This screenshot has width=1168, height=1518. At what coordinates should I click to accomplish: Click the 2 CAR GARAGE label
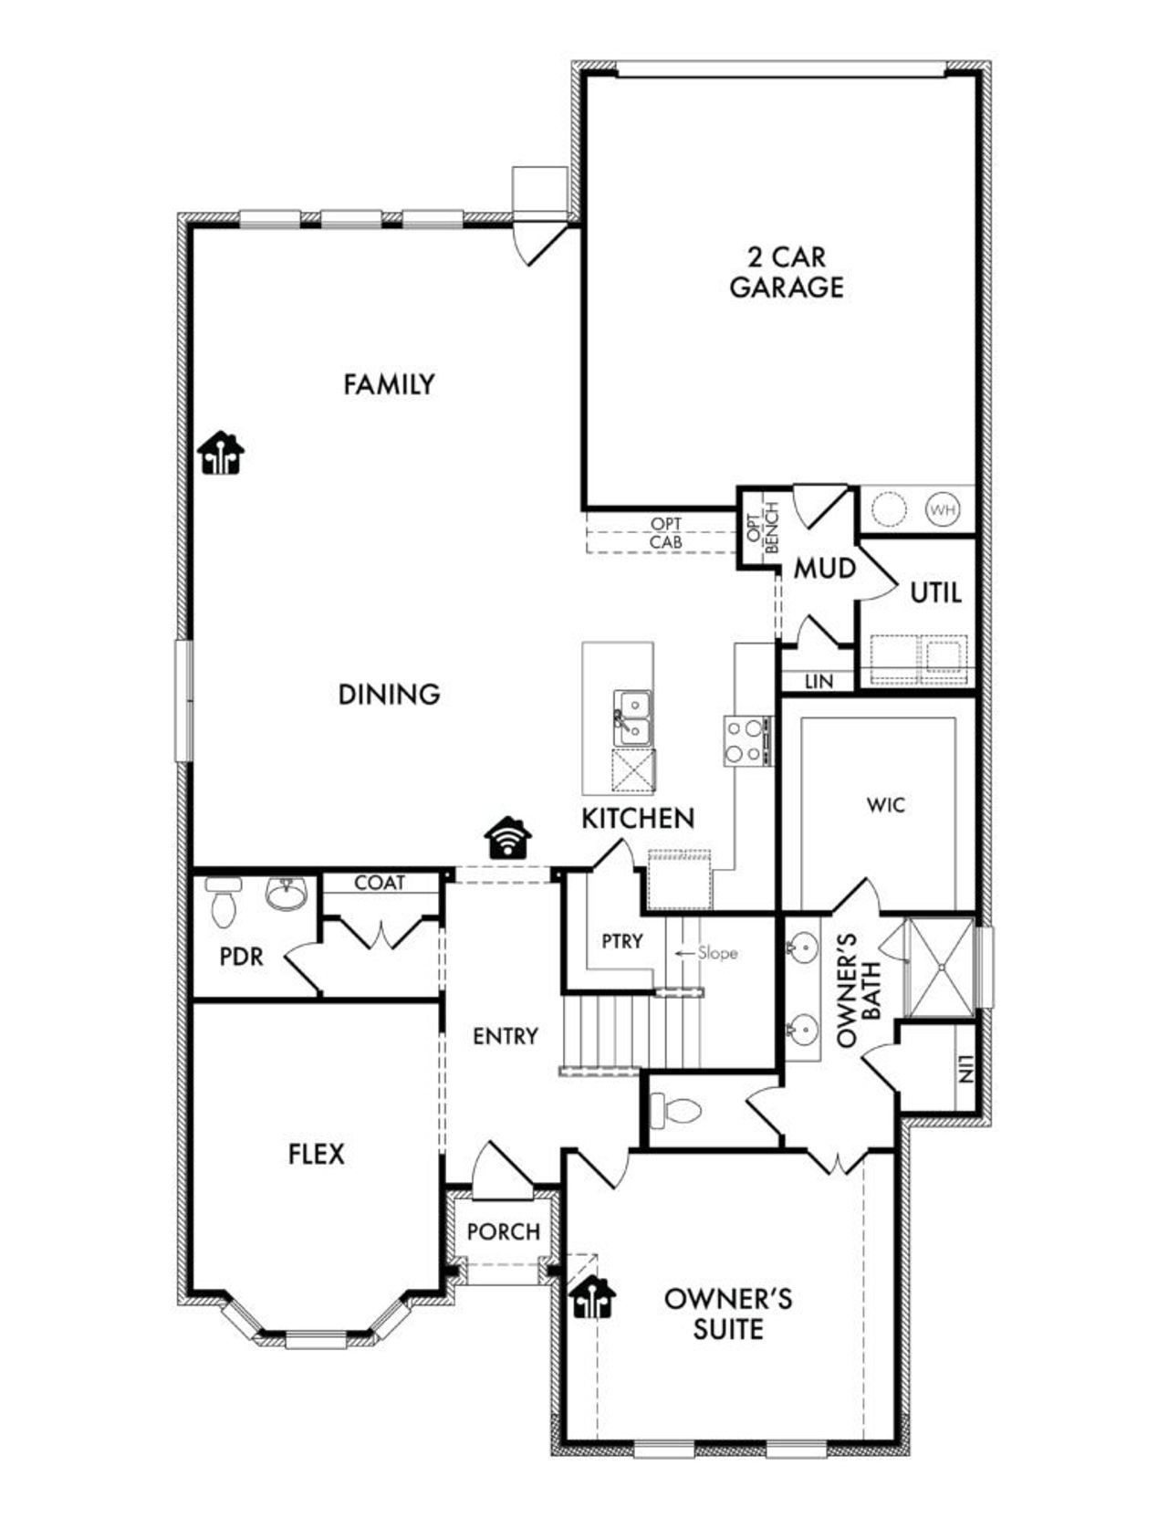point(786,272)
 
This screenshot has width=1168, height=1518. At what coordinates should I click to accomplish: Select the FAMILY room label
point(389,384)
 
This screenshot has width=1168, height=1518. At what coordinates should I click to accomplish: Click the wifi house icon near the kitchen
point(509,837)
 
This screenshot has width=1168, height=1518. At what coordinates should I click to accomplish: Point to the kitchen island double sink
point(631,717)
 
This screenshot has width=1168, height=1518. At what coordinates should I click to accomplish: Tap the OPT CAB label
point(665,533)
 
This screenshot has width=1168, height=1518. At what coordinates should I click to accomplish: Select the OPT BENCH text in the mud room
point(762,528)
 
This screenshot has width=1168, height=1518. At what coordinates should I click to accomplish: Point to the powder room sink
point(287,894)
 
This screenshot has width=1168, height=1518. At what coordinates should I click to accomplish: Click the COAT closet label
point(380,883)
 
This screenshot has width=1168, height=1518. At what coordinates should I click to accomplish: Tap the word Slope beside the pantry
point(717,952)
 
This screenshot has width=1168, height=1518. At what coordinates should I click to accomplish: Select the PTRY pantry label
point(622,940)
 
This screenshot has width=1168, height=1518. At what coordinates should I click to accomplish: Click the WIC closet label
point(885,804)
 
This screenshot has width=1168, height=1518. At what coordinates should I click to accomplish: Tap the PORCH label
point(503,1231)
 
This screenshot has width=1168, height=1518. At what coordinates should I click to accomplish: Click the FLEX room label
point(317,1154)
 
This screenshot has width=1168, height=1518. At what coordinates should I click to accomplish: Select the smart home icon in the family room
point(222,453)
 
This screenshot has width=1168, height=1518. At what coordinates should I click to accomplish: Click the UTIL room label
point(935,593)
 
